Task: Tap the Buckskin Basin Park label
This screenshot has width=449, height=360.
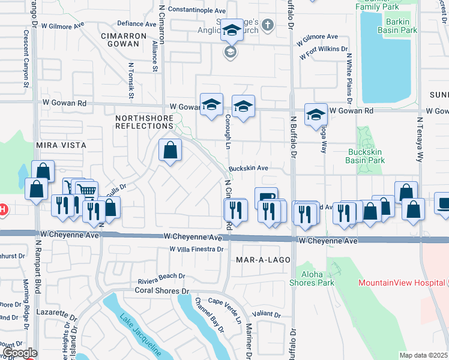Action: click(x=366, y=157)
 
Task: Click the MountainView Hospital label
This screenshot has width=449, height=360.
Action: click(x=402, y=283)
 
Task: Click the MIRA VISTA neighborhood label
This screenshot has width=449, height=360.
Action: click(x=61, y=145)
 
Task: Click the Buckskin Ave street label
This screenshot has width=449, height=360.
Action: click(x=247, y=169)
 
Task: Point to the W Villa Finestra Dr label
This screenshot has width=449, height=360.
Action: click(x=196, y=248)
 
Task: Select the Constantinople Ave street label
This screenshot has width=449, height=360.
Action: click(x=196, y=10)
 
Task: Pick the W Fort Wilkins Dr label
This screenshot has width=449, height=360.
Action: click(x=322, y=49)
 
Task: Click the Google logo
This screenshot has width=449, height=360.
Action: click(x=19, y=353)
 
